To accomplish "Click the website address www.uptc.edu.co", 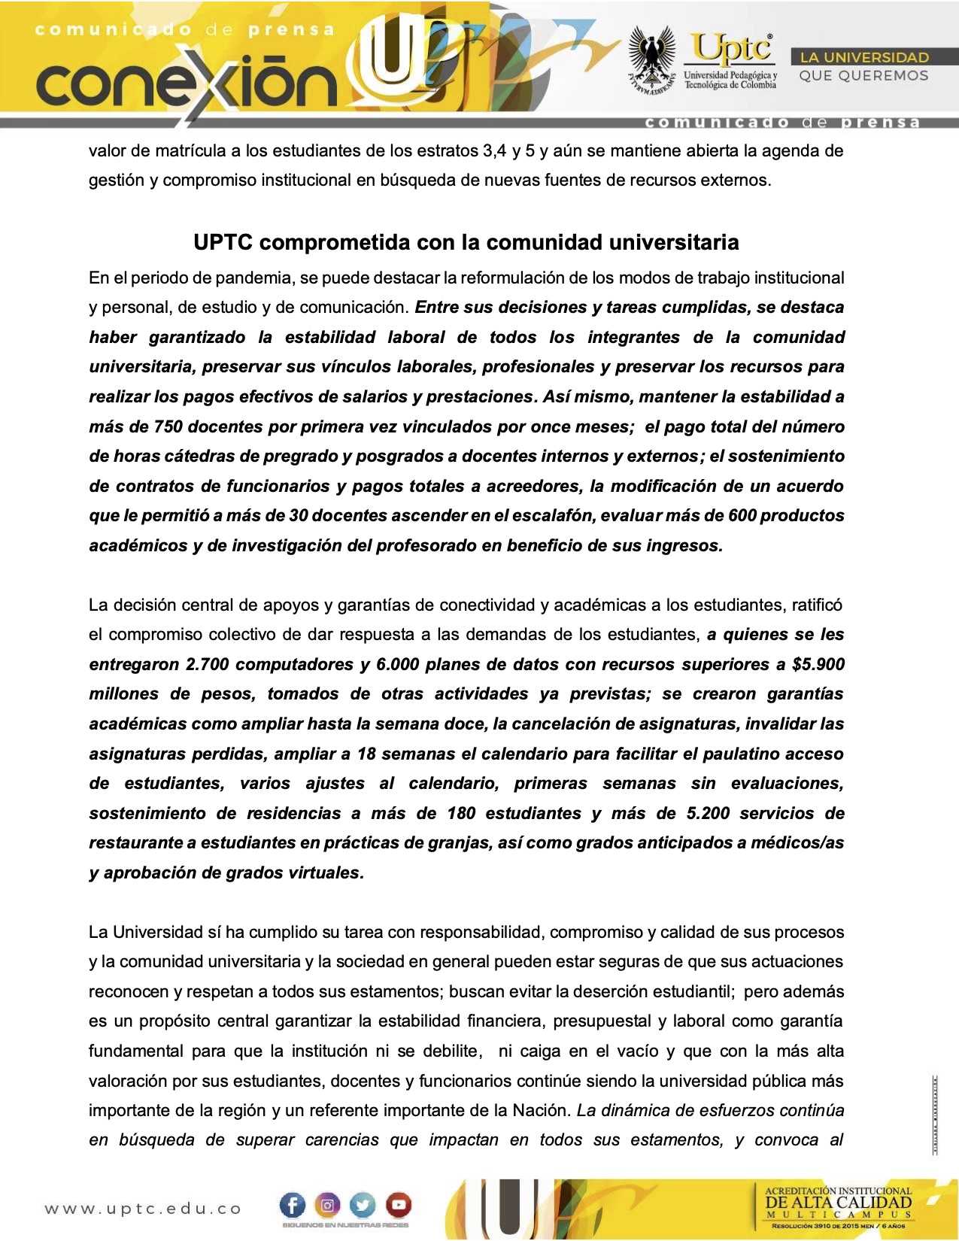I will point(143,1209).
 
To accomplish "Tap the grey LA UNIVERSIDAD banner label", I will point(864,57).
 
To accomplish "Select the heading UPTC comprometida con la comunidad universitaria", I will point(466,242).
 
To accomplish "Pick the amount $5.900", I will point(818,664).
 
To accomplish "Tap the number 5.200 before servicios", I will point(708,813).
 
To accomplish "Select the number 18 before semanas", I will point(366,754).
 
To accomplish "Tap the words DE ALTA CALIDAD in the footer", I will point(838,1202).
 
